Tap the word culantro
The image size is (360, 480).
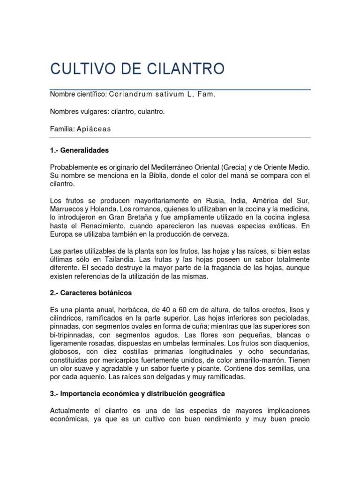150,112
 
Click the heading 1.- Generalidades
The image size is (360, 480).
79,150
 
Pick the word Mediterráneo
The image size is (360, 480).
171,167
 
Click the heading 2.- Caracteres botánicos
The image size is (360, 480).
91,293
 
